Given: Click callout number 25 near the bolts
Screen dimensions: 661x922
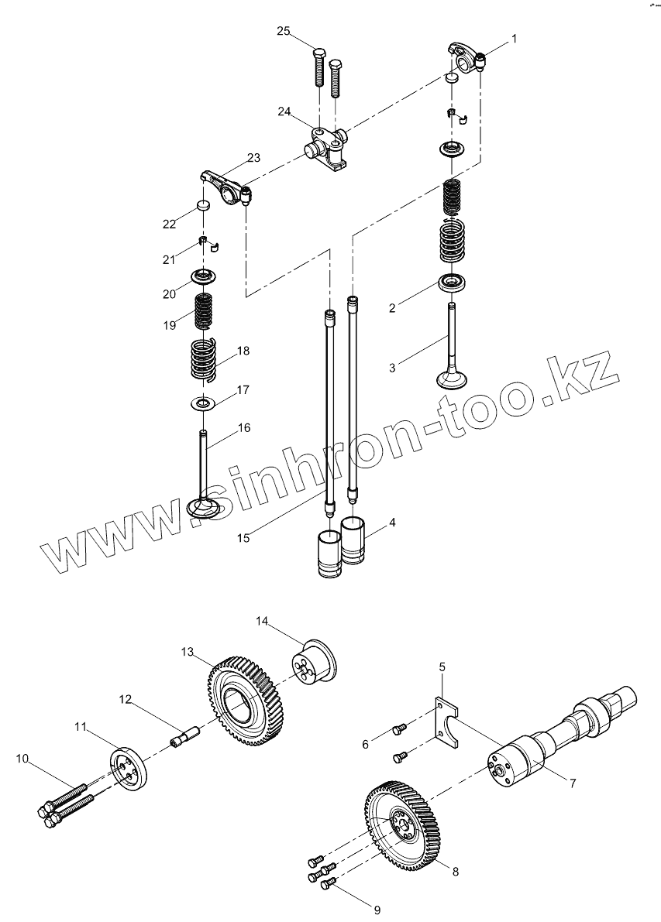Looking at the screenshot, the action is [284, 31].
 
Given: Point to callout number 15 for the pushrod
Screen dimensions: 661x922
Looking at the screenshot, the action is [244, 538].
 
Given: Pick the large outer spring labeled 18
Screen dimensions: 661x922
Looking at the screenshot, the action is [204, 362].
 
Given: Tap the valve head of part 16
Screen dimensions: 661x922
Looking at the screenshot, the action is [204, 509].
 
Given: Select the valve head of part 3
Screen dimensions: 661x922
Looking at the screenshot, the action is [452, 380].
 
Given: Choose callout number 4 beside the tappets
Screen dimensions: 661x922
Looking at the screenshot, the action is [392, 523].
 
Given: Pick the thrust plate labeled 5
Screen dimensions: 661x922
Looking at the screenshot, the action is [445, 718].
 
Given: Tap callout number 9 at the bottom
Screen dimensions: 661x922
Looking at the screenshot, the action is [377, 910].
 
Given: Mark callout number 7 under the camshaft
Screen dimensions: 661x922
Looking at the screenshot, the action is [572, 783].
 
